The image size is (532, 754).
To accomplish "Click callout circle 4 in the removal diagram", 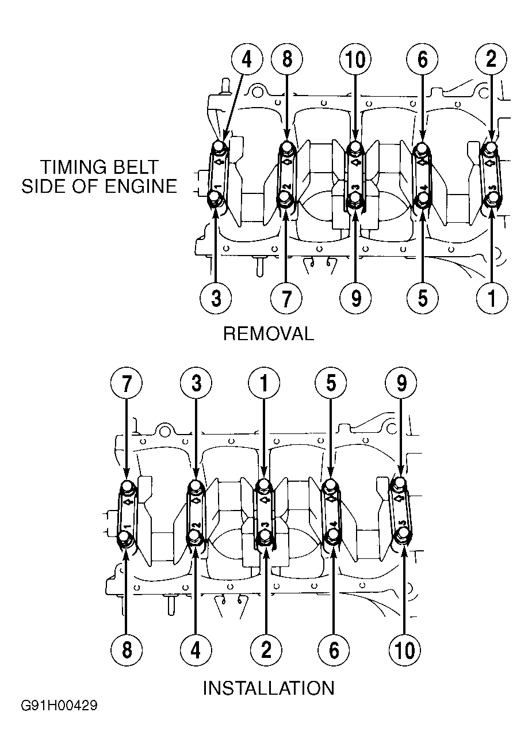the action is click(247, 59).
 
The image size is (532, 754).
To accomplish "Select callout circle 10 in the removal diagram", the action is click(355, 59).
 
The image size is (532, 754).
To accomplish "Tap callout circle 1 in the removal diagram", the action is click(492, 298).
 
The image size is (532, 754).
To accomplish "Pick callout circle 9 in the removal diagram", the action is click(355, 298).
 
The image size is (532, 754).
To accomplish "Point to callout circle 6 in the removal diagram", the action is click(422, 59).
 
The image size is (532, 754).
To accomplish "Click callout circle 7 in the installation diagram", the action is click(126, 383).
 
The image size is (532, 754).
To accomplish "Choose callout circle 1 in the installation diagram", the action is click(264, 383).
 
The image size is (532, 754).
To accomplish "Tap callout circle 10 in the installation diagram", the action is click(404, 650).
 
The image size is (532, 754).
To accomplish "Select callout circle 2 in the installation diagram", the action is click(266, 650).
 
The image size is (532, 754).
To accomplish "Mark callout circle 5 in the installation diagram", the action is click(331, 383).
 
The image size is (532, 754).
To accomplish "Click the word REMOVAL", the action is click(269, 334).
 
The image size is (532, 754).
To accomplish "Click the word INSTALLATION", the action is click(269, 688).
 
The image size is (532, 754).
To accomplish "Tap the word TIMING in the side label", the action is click(70, 167).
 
